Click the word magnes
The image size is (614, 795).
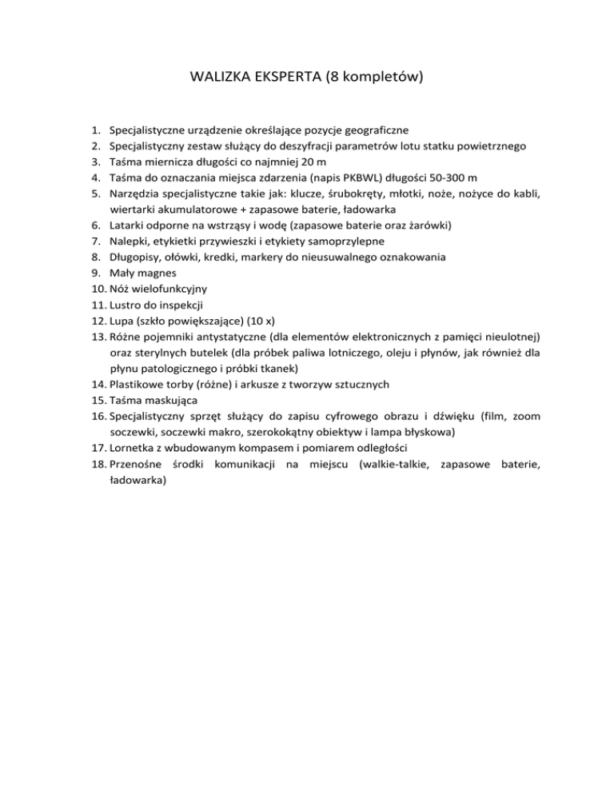(x=153, y=273)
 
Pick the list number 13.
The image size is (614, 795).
(x=98, y=337)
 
